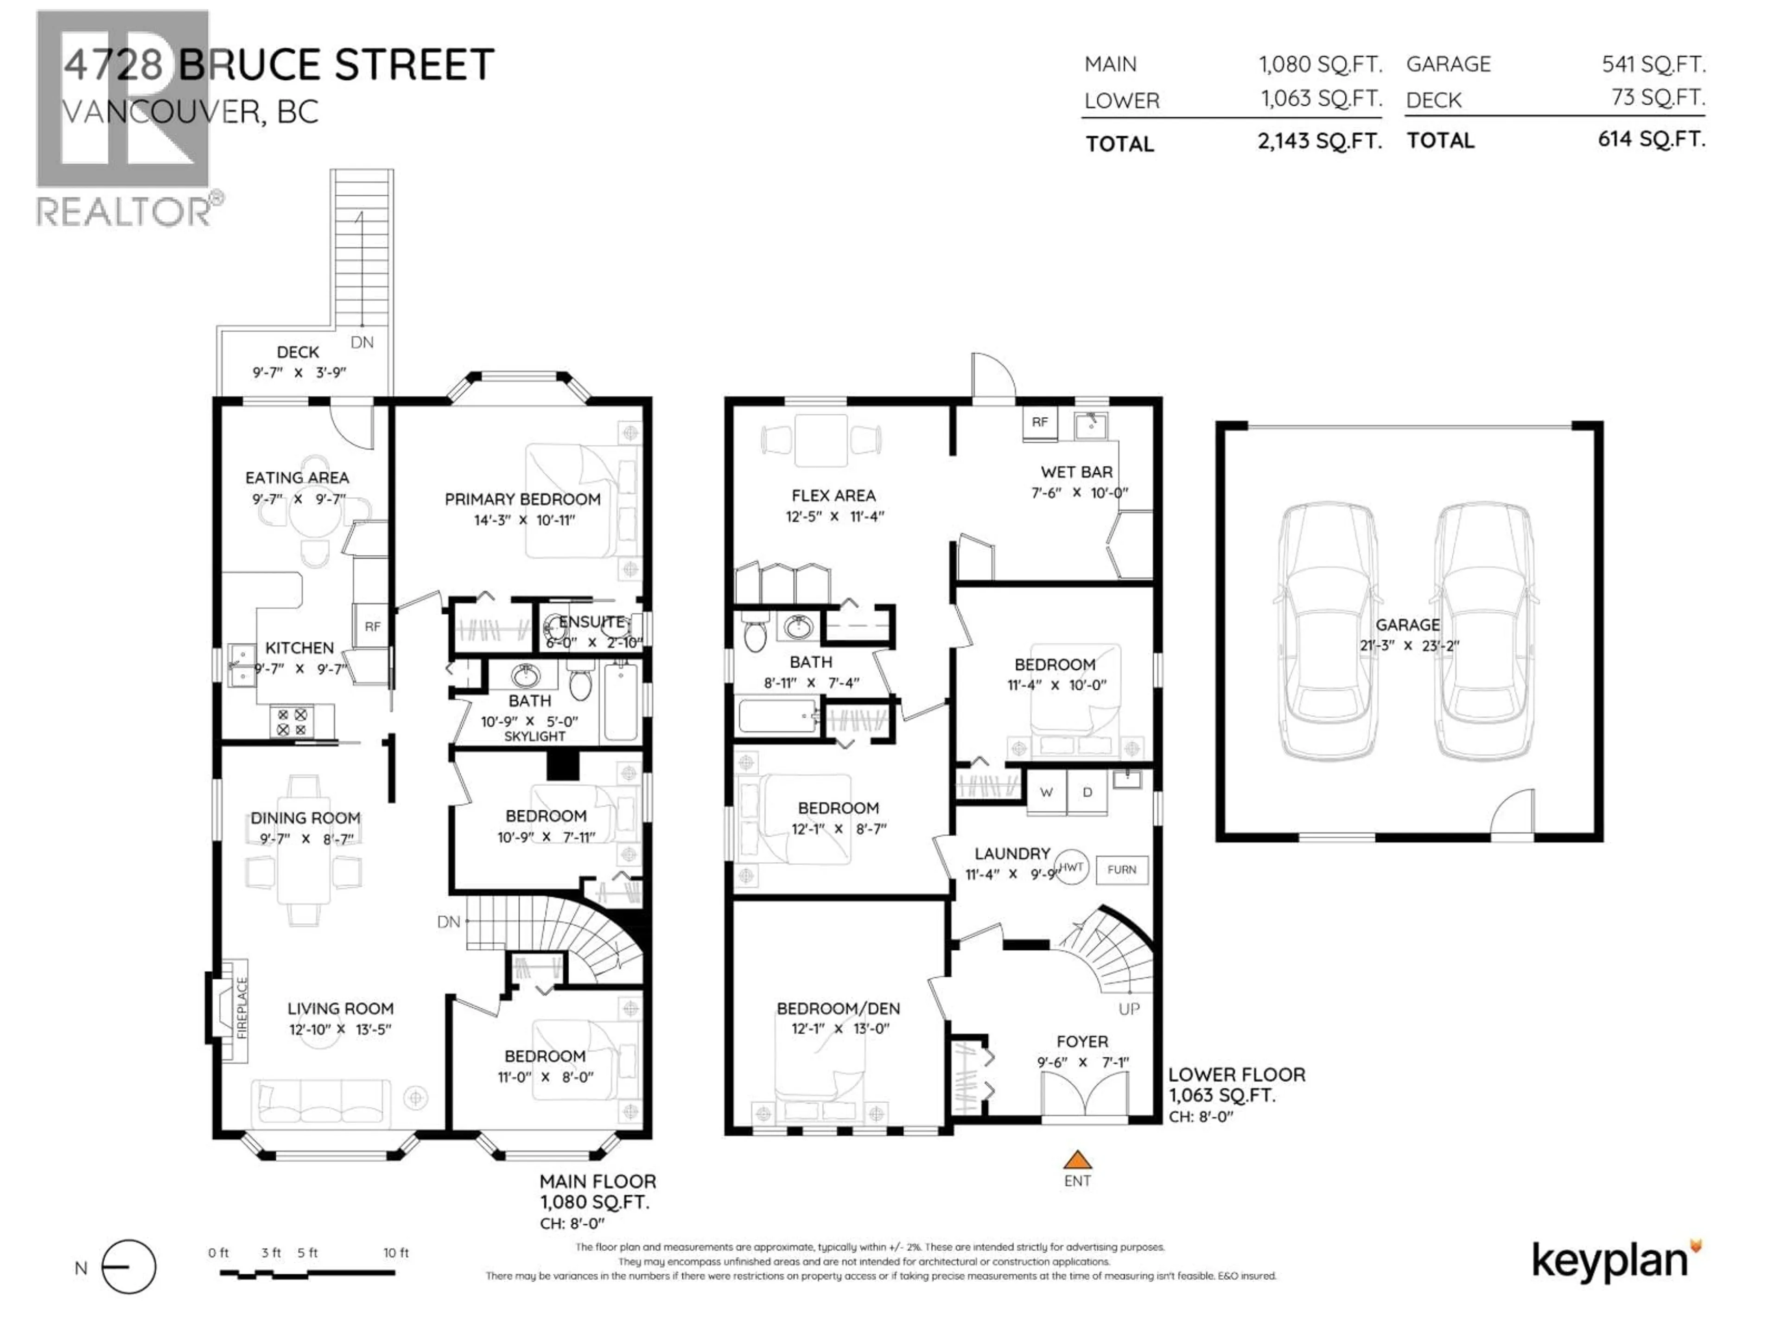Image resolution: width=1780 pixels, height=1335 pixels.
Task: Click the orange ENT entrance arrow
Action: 1077,1160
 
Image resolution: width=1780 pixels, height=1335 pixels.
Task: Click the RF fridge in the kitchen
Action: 372,626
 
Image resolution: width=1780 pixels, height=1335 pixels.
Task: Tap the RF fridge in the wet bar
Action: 1040,422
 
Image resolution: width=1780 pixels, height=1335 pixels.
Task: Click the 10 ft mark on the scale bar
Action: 395,1253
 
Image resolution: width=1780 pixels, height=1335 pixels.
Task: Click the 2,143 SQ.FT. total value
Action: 1320,142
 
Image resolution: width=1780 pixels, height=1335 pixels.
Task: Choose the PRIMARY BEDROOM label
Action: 522,499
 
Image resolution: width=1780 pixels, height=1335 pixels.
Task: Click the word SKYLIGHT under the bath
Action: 534,736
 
